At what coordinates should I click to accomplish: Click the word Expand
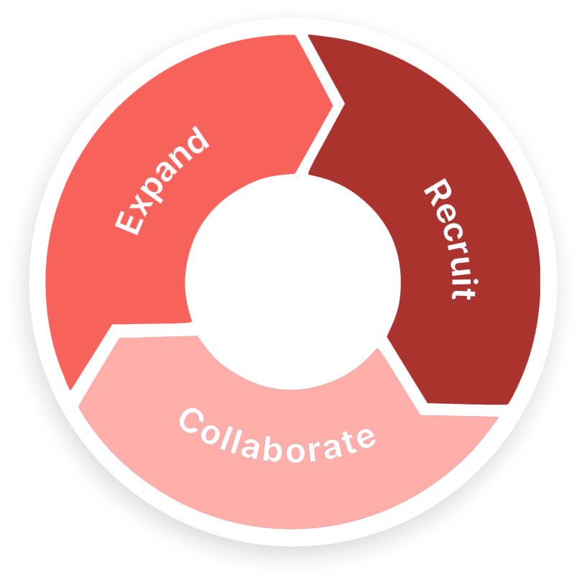162,181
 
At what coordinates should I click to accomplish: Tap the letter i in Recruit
456,277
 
